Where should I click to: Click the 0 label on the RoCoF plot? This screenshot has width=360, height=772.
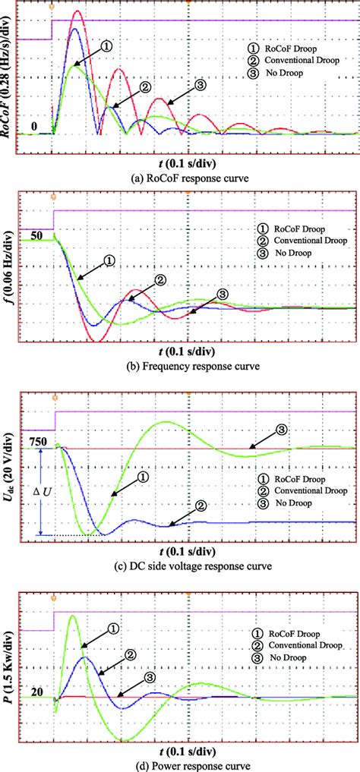[x=34, y=125]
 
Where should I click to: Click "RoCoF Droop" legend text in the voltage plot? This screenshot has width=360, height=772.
[x=289, y=478]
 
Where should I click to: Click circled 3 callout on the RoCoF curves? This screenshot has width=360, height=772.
[x=201, y=86]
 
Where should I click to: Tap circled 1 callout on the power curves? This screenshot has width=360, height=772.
[x=112, y=629]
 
